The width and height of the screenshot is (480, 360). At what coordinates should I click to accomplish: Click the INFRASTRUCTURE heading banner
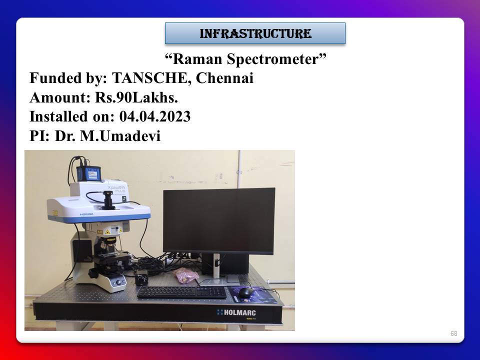click(255, 33)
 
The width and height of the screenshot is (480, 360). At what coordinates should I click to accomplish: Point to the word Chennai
click(224, 78)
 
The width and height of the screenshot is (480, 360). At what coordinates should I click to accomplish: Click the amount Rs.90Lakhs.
click(136, 97)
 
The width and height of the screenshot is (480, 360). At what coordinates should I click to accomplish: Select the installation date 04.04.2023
click(155, 116)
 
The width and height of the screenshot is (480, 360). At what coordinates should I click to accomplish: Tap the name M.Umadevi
click(120, 136)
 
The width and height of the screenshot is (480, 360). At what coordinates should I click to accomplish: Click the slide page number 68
click(453, 333)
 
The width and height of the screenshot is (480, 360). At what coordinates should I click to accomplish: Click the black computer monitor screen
click(219, 220)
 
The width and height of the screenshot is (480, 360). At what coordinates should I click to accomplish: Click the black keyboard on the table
click(182, 292)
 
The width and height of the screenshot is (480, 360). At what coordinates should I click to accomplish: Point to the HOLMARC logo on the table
click(236, 312)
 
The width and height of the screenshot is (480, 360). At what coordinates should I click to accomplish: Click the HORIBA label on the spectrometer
click(86, 214)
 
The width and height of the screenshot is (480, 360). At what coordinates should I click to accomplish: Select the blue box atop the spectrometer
click(89, 173)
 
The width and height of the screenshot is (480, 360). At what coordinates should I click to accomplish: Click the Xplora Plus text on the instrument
click(116, 188)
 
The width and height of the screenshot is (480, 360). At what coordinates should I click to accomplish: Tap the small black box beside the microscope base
click(141, 278)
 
